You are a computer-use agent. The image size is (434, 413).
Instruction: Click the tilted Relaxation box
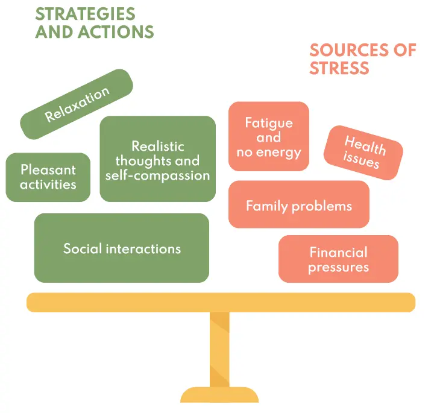77,104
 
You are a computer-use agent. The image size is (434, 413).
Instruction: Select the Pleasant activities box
48,177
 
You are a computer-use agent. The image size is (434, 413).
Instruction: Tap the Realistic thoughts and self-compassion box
157,159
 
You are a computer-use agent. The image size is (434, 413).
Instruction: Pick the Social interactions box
122,248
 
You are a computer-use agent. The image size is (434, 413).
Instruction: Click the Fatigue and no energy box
269,137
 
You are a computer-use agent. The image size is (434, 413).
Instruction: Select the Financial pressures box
338,259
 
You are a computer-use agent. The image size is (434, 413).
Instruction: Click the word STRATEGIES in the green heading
85,13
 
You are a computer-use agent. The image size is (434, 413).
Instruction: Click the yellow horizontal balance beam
221,302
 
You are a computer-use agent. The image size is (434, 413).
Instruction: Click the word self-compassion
157,175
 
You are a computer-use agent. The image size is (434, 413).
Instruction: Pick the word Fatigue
269,123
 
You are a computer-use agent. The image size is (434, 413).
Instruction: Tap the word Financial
338,252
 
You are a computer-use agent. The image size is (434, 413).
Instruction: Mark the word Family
265,206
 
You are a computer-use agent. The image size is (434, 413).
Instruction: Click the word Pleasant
48,170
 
